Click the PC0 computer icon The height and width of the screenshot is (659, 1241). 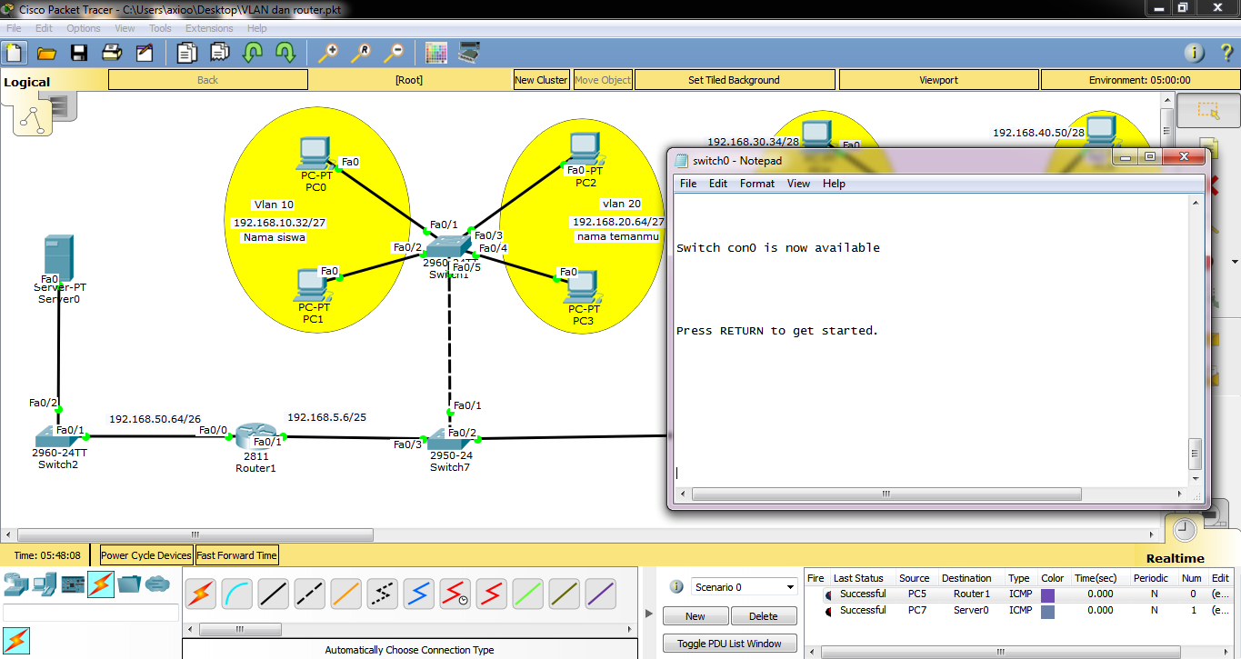pos(315,152)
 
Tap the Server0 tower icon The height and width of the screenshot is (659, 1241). pos(59,257)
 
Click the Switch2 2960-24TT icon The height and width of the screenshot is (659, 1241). pos(59,437)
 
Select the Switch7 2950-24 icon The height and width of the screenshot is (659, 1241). pos(451,438)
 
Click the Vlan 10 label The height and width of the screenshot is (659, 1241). pos(273,205)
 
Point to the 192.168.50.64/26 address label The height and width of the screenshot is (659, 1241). pos(155,419)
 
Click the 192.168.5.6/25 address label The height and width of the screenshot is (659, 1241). pos(326,417)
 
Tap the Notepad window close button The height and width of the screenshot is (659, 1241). pos(1184,158)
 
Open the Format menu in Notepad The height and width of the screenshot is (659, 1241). pos(757,184)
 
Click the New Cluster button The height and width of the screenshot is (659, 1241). pos(541,80)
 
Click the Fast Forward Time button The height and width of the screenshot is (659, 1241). pos(236,555)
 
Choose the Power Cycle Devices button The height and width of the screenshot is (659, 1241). pos(146,555)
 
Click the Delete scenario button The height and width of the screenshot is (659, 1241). pos(763,616)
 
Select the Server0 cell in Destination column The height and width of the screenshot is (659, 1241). pos(971,611)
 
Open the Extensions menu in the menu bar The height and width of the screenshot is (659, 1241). pos(209,28)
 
